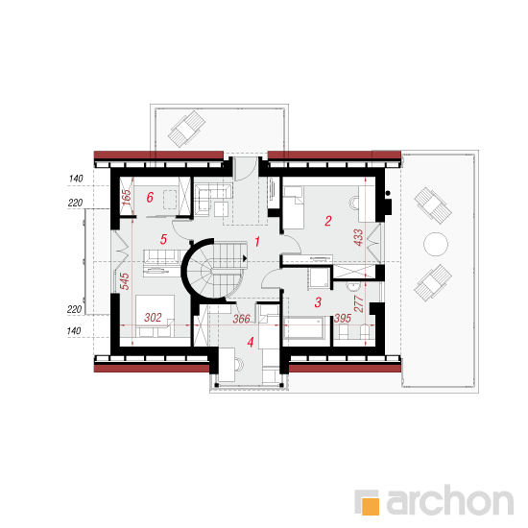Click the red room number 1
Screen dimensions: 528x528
pos(257,241)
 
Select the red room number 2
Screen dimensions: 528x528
pos(328,221)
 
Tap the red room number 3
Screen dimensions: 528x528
pos(318,302)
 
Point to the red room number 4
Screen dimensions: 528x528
pos(251,343)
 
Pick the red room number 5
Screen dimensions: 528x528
pos(163,239)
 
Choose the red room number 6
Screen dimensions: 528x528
pos(150,197)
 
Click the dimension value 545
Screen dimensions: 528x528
pos(124,281)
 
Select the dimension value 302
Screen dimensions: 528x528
pos(153,317)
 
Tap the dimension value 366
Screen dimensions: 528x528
pos(241,319)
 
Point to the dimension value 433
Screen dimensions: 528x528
pos(358,237)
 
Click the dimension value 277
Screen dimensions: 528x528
pos(359,303)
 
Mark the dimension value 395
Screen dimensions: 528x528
pos(343,318)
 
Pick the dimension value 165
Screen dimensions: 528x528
pos(127,198)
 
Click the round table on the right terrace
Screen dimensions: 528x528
pos(436,244)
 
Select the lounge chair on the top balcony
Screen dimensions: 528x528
pos(187,129)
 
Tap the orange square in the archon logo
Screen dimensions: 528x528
pos(371,506)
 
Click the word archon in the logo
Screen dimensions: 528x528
pos(450,500)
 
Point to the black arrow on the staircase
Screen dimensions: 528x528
pos(245,258)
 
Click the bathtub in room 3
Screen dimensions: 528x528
pos(303,327)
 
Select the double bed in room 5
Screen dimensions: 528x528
pos(155,316)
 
